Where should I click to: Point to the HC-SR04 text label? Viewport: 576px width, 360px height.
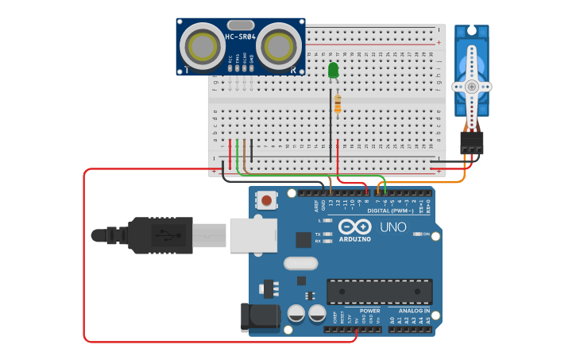point(240,37)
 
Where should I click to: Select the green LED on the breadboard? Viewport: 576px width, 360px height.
point(333,71)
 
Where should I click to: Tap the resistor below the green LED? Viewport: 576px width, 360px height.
point(338,104)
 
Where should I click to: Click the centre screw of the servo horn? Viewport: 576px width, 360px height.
point(472,86)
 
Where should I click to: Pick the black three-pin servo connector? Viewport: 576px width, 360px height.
point(472,142)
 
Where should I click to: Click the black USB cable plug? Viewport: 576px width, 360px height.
point(160,235)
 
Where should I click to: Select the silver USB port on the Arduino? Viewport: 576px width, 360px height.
point(253,235)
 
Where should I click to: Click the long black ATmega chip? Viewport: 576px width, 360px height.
point(380,292)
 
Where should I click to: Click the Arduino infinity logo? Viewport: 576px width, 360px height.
point(355,226)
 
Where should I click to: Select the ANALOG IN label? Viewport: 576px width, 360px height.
point(409,311)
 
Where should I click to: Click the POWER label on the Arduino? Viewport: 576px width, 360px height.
point(369,311)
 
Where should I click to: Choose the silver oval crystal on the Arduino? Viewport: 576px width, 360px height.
point(300,263)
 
